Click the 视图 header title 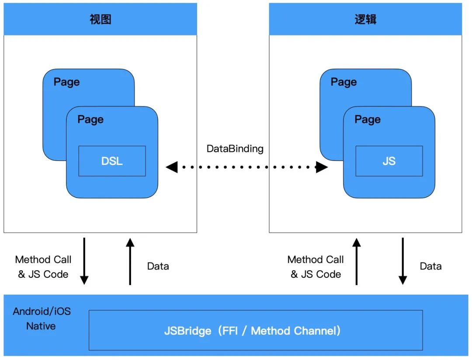(x=101, y=19)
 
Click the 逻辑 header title (x=365, y=19)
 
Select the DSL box (x=112, y=161)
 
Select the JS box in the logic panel (x=389, y=161)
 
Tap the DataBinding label (x=235, y=149)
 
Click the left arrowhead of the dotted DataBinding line (x=172, y=167)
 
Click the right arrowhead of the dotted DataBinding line (x=322, y=167)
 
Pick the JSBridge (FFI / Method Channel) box (x=256, y=330)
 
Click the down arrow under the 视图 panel (x=84, y=261)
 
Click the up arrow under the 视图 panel (x=130, y=261)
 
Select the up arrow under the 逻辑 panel (x=357, y=261)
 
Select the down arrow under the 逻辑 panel (x=403, y=261)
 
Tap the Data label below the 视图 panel (x=158, y=266)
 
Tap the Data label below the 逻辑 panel (x=431, y=266)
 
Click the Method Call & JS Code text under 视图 (x=43, y=267)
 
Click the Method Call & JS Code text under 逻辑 (x=316, y=267)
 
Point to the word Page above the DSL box (x=90, y=119)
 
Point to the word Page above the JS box (x=368, y=119)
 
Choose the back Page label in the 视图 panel (x=67, y=82)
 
